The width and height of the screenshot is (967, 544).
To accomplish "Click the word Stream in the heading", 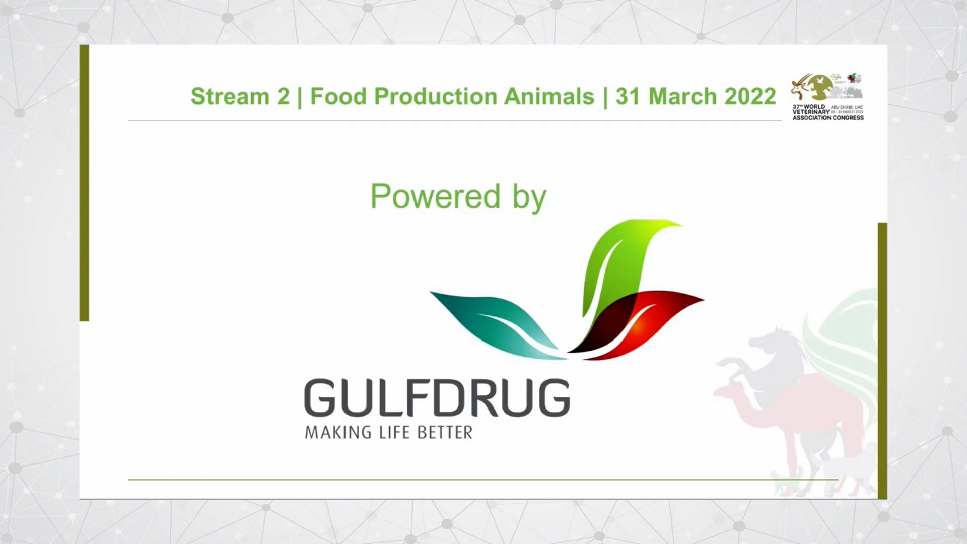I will click(230, 96).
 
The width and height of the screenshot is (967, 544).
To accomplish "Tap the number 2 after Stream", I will click(284, 96).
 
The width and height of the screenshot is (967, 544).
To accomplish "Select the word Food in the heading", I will click(338, 96).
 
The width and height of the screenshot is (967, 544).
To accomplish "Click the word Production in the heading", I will click(435, 96).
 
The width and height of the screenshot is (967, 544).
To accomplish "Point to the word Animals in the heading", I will click(549, 96).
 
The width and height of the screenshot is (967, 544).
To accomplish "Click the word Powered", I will click(435, 196).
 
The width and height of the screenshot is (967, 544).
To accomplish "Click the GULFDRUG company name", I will click(437, 398).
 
